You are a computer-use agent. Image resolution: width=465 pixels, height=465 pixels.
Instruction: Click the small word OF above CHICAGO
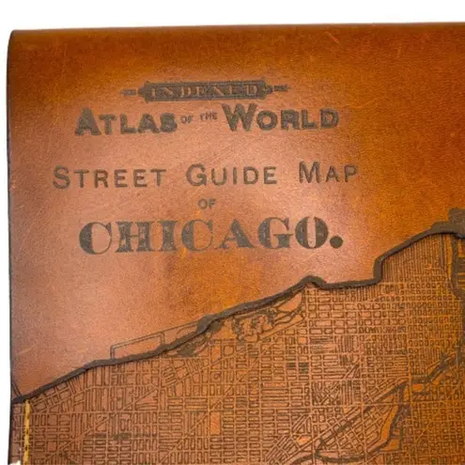point(207,206)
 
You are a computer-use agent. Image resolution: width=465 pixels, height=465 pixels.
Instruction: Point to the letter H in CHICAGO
point(132,237)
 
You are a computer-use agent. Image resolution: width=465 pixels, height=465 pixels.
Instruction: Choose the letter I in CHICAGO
point(162,236)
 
